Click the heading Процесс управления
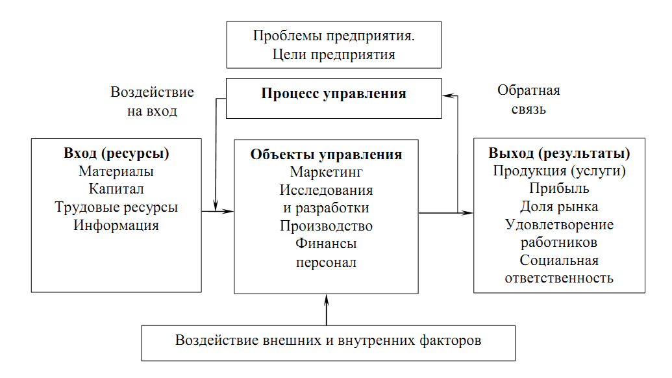pyautogui.click(x=334, y=94)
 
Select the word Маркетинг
pyautogui.click(x=326, y=172)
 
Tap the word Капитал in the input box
pyautogui.click(x=117, y=190)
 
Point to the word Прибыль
pyautogui.click(x=559, y=189)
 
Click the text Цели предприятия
pyautogui.click(x=334, y=55)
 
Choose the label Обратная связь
pyautogui.click(x=529, y=99)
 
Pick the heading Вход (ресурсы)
pyautogui.click(x=116, y=154)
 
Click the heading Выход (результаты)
pyautogui.click(x=559, y=154)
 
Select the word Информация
pyautogui.click(x=116, y=225)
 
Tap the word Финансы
pyautogui.click(x=326, y=244)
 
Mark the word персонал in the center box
pyautogui.click(x=326, y=262)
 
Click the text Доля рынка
pyautogui.click(x=559, y=207)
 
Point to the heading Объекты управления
pyautogui.click(x=326, y=155)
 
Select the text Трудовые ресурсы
pyautogui.click(x=116, y=207)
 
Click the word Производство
pyautogui.click(x=326, y=226)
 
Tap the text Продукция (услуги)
pyautogui.click(x=559, y=171)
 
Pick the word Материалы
pyautogui.click(x=117, y=172)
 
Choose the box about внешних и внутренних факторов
pyautogui.click(x=329, y=341)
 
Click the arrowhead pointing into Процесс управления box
pyautogui.click(x=446, y=95)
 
